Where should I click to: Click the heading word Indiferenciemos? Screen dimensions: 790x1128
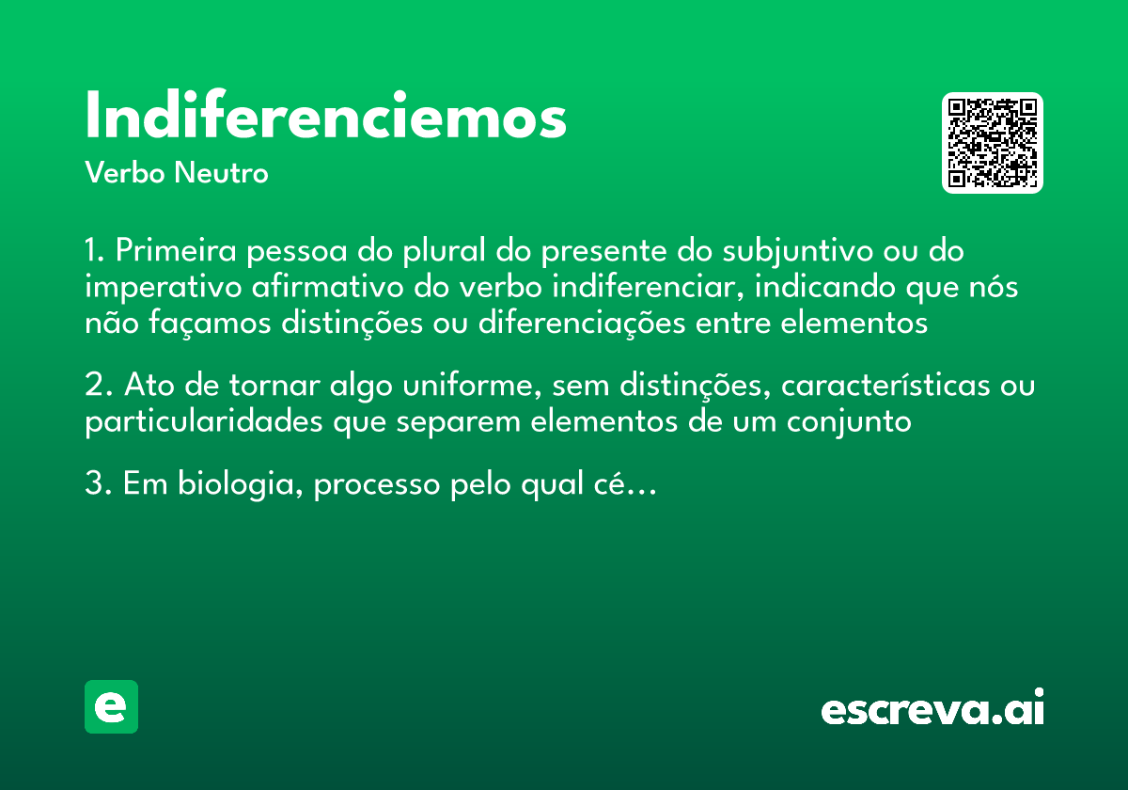pyautogui.click(x=325, y=118)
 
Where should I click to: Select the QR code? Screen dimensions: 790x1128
pyautogui.click(x=993, y=143)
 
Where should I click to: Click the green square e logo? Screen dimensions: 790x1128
pyautogui.click(x=111, y=706)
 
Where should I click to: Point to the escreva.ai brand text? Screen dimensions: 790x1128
pyautogui.click(x=932, y=708)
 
